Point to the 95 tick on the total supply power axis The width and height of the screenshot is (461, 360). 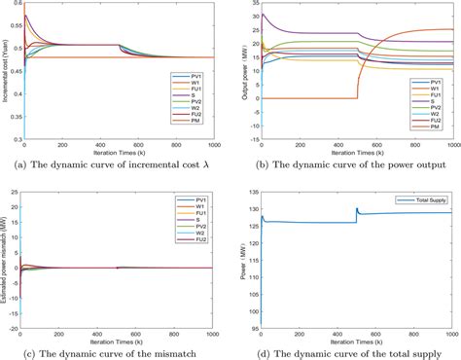[x=253, y=329]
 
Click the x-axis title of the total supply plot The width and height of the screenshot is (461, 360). [x=358, y=344]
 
